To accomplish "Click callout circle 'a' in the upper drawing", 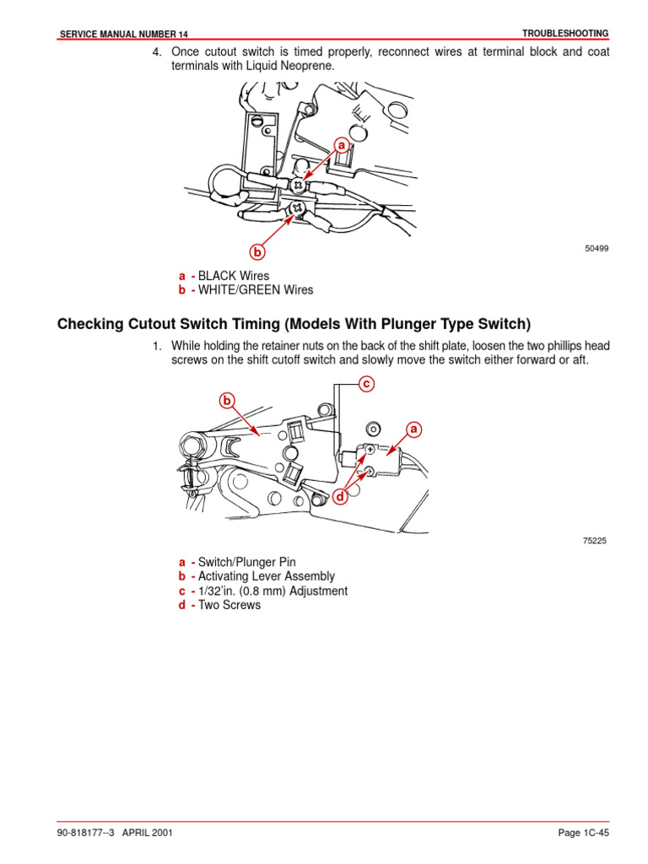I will [342, 145].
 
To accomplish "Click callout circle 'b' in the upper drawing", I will [256, 251].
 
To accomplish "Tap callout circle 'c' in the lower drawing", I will [365, 384].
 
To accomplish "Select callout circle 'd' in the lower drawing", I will [341, 498].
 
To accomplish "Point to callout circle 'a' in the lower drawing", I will [413, 429].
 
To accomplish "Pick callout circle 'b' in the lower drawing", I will [226, 400].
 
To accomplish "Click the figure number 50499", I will [597, 249].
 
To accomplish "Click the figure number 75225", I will [595, 541].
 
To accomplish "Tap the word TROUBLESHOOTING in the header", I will [565, 33].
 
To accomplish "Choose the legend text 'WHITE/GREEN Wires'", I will [255, 290].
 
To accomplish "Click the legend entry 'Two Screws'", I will [229, 605].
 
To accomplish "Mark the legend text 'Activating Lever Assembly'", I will [266, 576].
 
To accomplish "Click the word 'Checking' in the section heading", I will [88, 325].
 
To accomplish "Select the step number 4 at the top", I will [155, 52].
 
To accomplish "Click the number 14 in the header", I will [181, 34].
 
